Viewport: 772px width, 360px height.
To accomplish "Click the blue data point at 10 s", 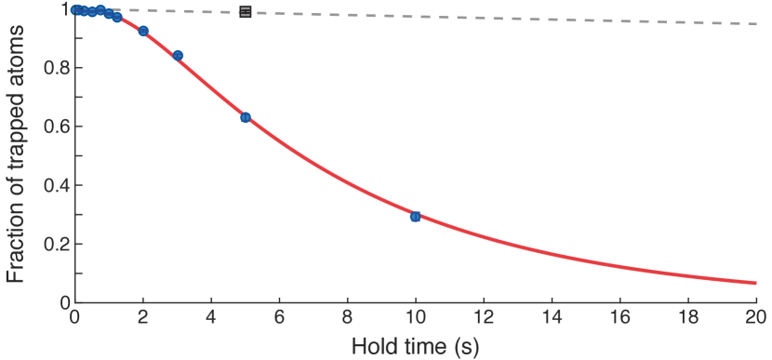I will tap(415, 217).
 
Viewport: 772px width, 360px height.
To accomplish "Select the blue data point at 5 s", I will tap(246, 117).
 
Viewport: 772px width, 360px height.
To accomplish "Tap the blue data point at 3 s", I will tap(178, 56).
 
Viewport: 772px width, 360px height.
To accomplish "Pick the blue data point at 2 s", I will tap(143, 31).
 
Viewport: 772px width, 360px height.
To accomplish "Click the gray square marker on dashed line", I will tap(246, 12).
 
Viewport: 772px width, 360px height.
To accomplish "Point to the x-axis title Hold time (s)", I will tap(415, 347).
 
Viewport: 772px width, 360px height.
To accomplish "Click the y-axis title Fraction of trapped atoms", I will tap(16, 153).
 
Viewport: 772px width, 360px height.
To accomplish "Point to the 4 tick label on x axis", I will tap(211, 317).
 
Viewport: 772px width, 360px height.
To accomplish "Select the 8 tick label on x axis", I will tap(347, 317).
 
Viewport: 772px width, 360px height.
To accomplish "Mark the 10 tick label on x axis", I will tap(415, 317).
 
